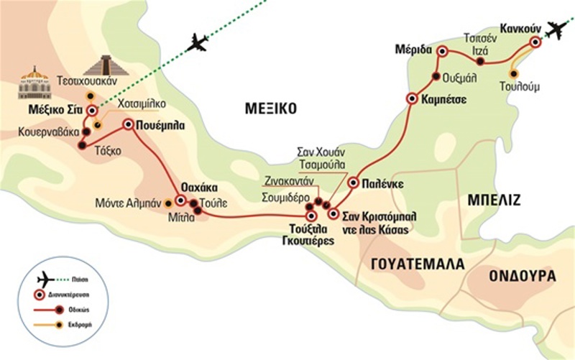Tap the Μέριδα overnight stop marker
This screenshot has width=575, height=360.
tap(443, 52)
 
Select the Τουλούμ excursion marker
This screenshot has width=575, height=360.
tap(513, 73)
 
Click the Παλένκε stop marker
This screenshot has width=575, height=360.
tap(354, 183)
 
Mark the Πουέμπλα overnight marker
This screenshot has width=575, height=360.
tap(128, 124)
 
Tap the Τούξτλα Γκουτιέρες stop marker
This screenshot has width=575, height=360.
tap(311, 215)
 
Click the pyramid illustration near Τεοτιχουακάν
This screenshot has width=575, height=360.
tap(106, 66)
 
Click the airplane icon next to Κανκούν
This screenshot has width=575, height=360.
tap(557, 30)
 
